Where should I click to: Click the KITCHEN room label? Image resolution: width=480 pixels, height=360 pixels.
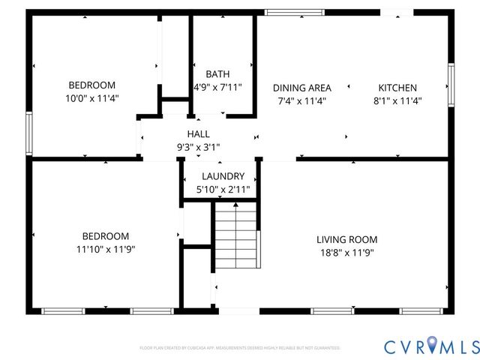[397, 88]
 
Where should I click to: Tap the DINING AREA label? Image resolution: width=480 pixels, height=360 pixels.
[301, 88]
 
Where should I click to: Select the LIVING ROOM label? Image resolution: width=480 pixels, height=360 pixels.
[346, 239]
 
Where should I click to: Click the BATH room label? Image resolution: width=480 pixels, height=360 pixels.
[217, 74]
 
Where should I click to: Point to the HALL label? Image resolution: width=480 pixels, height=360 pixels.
[198, 133]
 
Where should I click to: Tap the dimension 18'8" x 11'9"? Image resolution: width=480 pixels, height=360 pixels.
[346, 253]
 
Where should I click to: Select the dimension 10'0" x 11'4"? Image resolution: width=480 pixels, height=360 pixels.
[92, 98]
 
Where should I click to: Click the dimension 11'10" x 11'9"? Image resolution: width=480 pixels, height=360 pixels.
[106, 249]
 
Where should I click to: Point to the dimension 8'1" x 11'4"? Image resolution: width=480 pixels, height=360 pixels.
[397, 100]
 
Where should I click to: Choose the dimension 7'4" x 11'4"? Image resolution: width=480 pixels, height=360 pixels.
[301, 100]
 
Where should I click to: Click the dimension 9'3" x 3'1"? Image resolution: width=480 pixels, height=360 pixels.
[198, 147]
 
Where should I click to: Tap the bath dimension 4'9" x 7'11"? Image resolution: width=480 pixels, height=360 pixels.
[218, 87]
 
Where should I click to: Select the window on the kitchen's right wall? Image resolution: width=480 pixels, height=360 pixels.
[451, 85]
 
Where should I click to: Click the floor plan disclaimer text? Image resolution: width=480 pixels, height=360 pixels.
[240, 348]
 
